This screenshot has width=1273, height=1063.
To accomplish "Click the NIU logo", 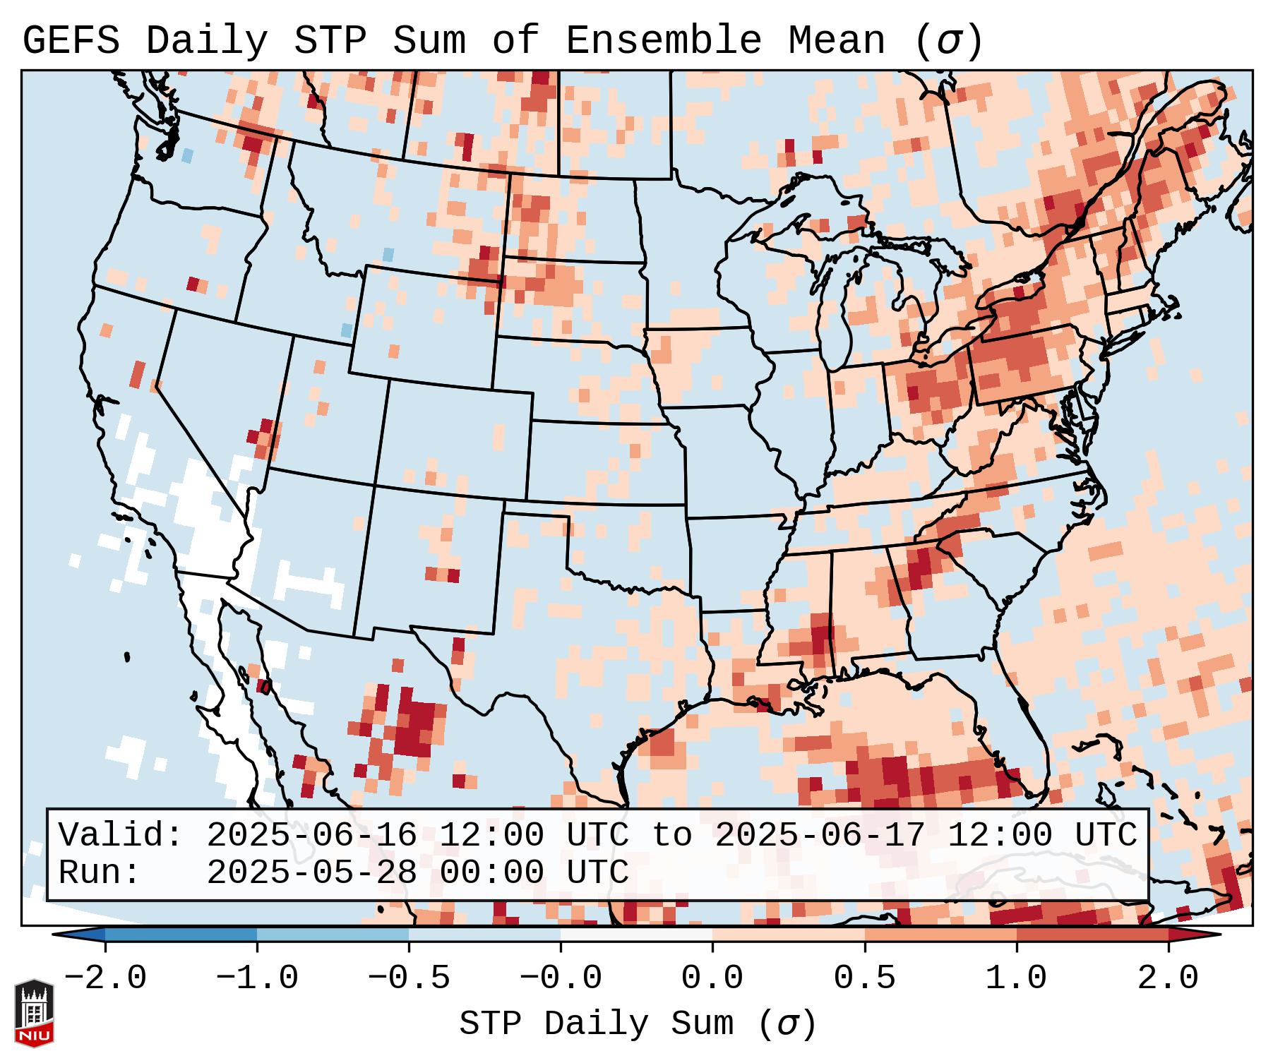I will point(34,1012).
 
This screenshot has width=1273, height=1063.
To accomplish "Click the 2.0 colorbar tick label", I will point(1169,978).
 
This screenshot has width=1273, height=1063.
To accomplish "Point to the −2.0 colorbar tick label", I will point(105,978).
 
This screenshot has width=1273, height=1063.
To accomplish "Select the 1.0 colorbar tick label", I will point(1016,978).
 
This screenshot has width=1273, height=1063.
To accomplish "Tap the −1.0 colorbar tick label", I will point(257,978).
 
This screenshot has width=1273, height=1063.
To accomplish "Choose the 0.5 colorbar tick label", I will point(864,978).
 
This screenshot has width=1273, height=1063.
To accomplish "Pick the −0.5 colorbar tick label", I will point(409,978).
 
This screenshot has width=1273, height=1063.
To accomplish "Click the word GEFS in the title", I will point(71,41).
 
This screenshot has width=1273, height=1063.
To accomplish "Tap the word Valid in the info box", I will point(111,836).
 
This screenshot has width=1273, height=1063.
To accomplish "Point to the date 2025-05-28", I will point(311,872).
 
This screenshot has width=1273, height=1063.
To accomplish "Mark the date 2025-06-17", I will point(820,836).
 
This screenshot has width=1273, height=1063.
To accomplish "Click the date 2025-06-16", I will point(311,836).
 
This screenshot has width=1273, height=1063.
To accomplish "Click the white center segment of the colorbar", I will point(636,935).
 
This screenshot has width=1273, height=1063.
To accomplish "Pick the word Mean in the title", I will point(837,41).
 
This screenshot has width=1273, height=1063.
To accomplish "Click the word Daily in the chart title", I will point(207,41).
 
